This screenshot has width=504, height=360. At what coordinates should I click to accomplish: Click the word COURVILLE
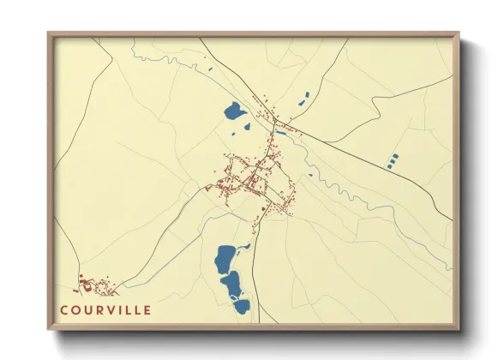point(106,309)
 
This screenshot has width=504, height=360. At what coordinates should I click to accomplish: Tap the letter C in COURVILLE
point(64,309)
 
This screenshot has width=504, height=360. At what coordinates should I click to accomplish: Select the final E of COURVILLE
point(147,309)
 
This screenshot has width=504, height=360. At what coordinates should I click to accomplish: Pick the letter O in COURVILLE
point(75,309)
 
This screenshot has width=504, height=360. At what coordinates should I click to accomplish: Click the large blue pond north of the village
point(232,111)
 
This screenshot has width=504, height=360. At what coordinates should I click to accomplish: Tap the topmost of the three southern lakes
point(226,256)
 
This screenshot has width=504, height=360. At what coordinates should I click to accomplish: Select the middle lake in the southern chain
point(231,282)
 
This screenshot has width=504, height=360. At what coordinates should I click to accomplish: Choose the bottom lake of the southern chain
point(241,303)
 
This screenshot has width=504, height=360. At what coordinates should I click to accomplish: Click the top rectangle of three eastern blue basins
point(395,155)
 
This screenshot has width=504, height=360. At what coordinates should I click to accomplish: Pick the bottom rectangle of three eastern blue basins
point(389,164)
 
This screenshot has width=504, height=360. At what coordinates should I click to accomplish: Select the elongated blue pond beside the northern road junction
point(280,133)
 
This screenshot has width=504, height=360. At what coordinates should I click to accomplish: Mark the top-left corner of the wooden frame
point(50,35)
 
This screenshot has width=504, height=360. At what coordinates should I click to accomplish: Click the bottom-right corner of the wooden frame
point(457,328)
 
